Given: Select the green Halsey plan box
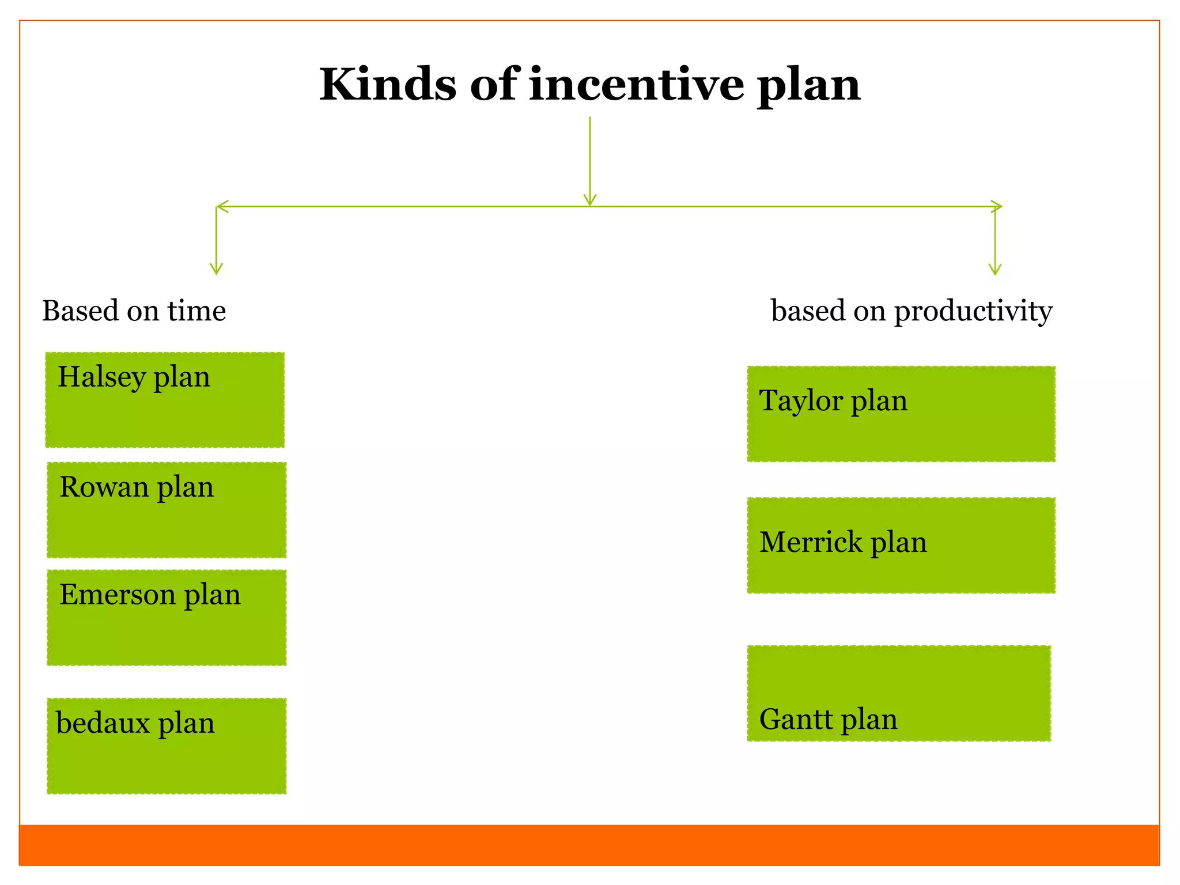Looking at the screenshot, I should pos(165,400).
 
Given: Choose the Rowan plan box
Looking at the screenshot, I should pos(167,510).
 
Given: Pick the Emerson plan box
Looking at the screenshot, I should pos(167,618).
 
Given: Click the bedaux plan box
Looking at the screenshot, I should pos(167,746).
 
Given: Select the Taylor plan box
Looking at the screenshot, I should pos(901,414).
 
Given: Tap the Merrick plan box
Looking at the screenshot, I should pos(901,545).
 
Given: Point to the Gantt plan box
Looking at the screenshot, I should pos(899,693).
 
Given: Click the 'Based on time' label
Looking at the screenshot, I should pos(134,311).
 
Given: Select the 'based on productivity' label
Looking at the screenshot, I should pos(912,311).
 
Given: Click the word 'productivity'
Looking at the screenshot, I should pos(973,312).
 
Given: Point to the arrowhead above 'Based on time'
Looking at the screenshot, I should pos(216,269).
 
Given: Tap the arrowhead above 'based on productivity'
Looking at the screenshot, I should pos(995,269).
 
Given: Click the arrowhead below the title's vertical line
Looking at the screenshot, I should pos(589,200).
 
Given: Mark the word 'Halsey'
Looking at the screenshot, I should pos(102,378).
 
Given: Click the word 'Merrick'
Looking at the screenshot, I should pos(811,543).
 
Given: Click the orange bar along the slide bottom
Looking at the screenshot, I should pos(589,845).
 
